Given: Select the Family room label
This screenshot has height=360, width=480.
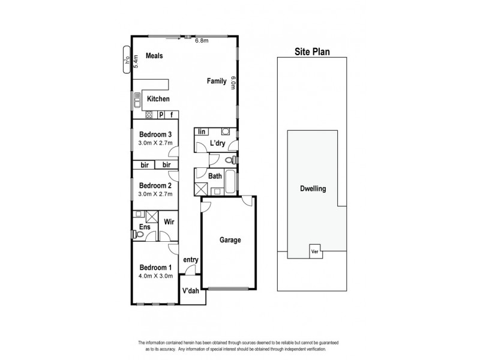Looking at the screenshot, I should tap(217, 80).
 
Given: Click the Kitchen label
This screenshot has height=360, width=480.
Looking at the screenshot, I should tap(158, 99).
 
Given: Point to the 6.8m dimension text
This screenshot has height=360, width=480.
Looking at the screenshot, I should tap(202, 41).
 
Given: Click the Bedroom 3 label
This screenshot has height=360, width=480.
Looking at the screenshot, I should tap(155, 134).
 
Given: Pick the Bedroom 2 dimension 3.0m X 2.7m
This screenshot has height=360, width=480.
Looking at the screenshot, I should tap(155, 194).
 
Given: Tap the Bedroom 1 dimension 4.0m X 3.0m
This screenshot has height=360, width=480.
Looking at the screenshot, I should tap(155, 276).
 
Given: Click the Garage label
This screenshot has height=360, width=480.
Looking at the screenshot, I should tap(230, 240).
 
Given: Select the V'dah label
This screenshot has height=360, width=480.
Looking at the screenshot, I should tap(191, 292).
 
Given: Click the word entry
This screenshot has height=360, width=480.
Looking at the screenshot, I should tap(191, 260).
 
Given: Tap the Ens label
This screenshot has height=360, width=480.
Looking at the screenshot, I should tap(145, 227).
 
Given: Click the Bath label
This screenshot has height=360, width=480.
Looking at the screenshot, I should tap(215, 176).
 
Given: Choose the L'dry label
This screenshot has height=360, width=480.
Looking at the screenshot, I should tap(217, 144).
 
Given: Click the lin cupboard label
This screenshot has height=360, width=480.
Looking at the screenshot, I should tap(202, 131).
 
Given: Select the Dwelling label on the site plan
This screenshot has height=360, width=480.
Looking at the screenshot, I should tap(313, 188).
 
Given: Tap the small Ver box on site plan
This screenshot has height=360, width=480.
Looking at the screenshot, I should tap(314, 252).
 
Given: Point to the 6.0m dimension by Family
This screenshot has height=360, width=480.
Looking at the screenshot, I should tap(233, 83).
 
